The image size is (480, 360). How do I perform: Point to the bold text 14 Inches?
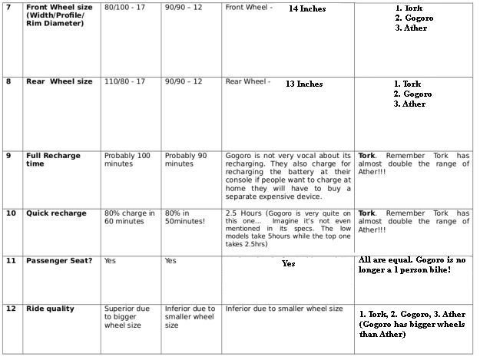[x=306, y=9]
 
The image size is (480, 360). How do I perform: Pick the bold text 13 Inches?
[x=303, y=84]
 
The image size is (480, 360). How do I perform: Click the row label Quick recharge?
[x=56, y=213]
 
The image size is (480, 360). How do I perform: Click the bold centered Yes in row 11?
[x=288, y=263]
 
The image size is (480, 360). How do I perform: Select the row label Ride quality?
[x=50, y=309]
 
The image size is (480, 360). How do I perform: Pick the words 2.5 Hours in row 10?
[x=243, y=213]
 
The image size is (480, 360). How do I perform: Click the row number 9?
[x=8, y=155]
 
